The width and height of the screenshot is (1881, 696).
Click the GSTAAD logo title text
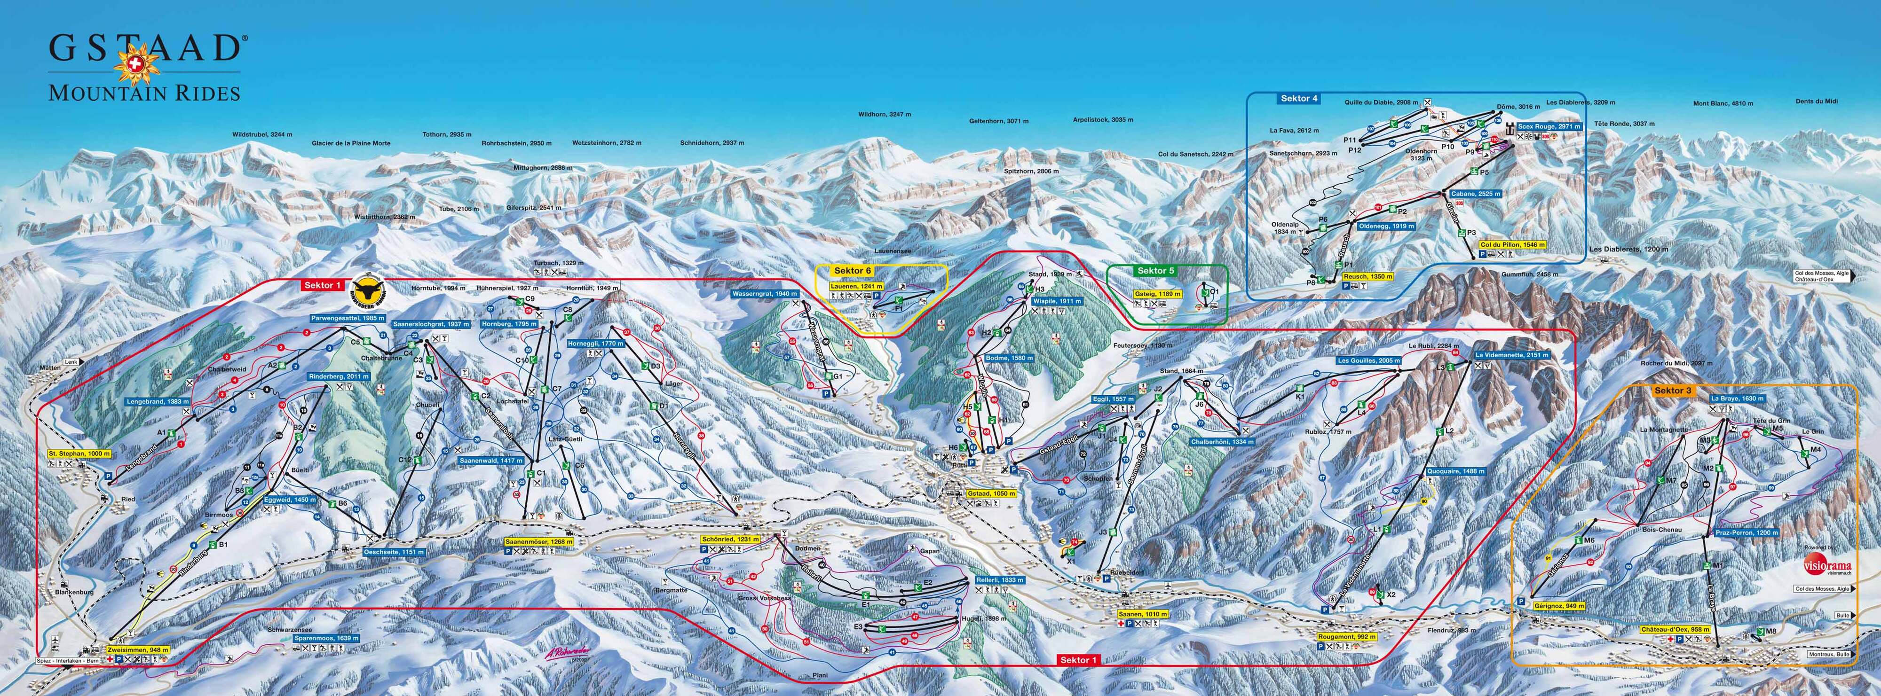[144, 48]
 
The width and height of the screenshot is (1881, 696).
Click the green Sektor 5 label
[1156, 271]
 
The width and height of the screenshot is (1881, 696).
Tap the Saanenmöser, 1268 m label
[539, 542]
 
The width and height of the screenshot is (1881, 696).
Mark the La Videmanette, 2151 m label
[1511, 354]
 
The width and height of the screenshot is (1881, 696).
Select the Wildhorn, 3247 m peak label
[884, 115]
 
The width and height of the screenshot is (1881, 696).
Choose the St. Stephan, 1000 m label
[79, 454]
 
